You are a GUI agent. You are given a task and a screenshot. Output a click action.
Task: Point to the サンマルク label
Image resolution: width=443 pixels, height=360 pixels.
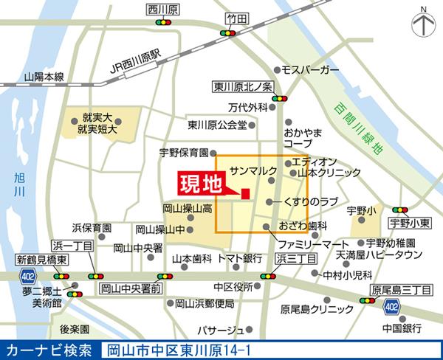(x=253, y=170)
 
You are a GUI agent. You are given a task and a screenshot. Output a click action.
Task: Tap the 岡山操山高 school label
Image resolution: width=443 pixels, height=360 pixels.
(x=188, y=209)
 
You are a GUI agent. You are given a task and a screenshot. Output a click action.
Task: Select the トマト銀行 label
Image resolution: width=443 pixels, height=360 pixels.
(x=240, y=258)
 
